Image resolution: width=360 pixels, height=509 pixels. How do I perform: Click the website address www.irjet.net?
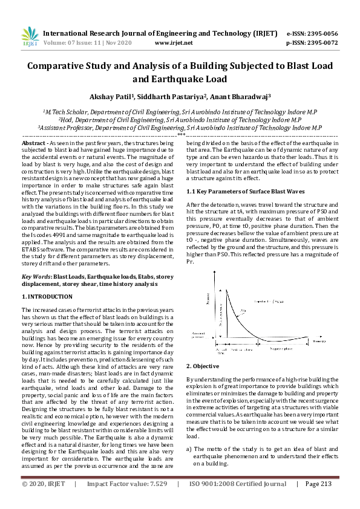[174, 43]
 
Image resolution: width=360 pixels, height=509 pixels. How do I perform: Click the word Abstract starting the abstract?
[34, 143]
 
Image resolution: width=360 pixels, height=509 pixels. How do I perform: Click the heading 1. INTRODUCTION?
[47, 297]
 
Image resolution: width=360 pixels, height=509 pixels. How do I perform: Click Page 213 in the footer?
[318, 501]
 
